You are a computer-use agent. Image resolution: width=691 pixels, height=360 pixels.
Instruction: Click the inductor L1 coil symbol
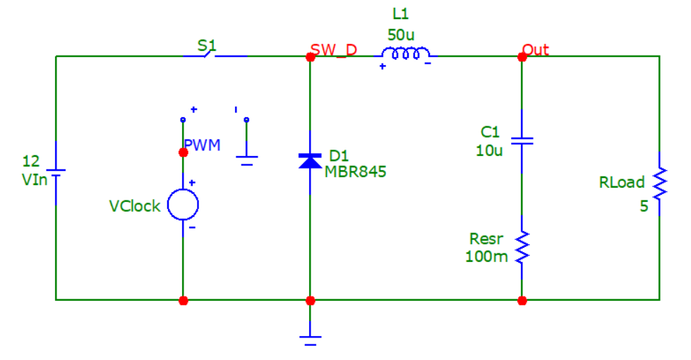pyautogui.click(x=406, y=54)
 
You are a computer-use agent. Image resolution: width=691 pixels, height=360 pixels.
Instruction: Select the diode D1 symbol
pyautogui.click(x=310, y=161)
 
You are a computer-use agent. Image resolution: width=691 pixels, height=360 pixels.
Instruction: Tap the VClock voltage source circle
pyautogui.click(x=183, y=205)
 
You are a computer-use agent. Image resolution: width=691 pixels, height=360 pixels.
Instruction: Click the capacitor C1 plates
pyautogui.click(x=521, y=141)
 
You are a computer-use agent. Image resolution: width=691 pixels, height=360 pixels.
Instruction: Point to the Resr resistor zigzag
pyautogui.click(x=522, y=248)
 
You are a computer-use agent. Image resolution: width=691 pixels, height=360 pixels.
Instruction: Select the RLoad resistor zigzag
pyautogui.click(x=659, y=183)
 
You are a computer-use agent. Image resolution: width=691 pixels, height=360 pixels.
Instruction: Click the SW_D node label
pyautogui.click(x=335, y=49)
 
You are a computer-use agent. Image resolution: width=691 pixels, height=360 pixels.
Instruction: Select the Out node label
pyautogui.click(x=536, y=49)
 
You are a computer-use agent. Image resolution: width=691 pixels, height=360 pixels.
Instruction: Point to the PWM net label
pyautogui.click(x=203, y=145)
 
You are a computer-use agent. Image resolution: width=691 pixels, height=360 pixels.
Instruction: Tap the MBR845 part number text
pyautogui.click(x=356, y=172)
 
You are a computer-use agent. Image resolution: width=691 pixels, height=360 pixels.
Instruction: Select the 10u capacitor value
pyautogui.click(x=490, y=150)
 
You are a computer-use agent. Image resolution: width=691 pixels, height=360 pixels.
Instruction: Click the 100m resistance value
pyautogui.click(x=486, y=256)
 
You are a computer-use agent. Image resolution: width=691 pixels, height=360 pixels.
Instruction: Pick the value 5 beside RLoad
pyautogui.click(x=644, y=208)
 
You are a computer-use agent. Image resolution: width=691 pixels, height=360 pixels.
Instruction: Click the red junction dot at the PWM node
pyautogui.click(x=184, y=152)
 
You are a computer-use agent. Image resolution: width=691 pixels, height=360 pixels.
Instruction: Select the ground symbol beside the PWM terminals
pyautogui.click(x=246, y=160)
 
